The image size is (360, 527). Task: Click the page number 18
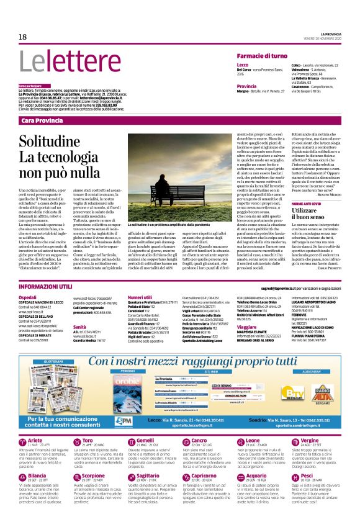point(22,37)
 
